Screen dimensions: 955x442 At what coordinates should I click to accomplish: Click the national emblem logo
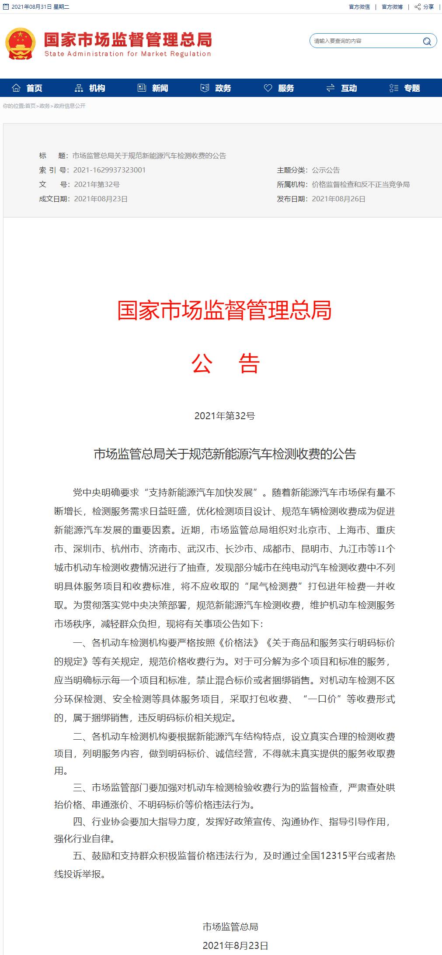tap(20, 44)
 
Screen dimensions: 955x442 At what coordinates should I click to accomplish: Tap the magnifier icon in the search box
tap(427, 41)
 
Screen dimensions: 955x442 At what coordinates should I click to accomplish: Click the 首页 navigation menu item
tap(28, 88)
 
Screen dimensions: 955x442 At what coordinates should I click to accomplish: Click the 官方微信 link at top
tap(359, 7)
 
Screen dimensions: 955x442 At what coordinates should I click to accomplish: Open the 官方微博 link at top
tap(392, 7)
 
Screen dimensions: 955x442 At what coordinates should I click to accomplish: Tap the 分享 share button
tap(425, 7)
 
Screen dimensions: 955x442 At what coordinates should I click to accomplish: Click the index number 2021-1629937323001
tap(109, 170)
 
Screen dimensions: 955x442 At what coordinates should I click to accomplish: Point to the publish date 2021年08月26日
tap(338, 199)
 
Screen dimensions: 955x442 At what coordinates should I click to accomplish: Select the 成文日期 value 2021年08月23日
tap(101, 199)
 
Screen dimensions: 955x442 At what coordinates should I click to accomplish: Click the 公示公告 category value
tap(326, 170)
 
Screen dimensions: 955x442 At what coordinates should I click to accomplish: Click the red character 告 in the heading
tap(249, 363)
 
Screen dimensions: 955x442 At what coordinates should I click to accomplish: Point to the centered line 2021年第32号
tap(225, 416)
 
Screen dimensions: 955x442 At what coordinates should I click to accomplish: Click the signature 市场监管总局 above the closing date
tap(230, 927)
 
